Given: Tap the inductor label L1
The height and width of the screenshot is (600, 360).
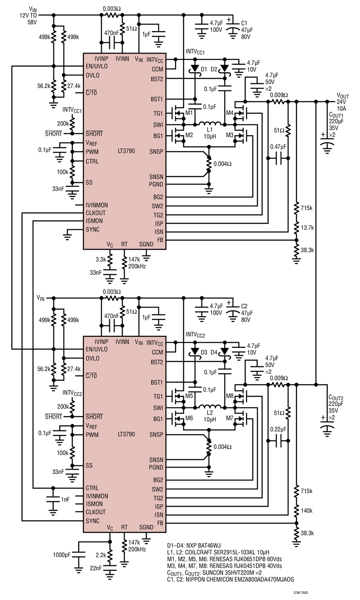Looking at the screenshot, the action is pos(209,130).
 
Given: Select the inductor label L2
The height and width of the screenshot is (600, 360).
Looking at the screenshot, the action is pos(210,413).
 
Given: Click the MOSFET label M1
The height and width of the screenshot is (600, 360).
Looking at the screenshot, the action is pos(189,113).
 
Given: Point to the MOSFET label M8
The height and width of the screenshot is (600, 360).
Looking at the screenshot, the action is pos(230,396).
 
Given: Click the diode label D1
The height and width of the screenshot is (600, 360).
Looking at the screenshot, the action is pos(204,69).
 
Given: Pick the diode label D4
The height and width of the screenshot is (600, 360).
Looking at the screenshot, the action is pos(214,353).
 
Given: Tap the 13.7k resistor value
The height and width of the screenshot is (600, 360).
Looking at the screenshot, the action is pos(307,228).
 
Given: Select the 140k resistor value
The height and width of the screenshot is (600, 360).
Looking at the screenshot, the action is pos(306,511).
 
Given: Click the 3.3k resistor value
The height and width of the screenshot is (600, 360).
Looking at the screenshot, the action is pos(101,259).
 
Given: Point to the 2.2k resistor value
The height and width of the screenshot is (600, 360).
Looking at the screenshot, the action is pos(101,555).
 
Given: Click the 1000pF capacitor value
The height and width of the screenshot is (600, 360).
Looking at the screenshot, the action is pos(62,555).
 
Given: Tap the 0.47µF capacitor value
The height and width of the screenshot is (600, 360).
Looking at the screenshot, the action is pos(278,147).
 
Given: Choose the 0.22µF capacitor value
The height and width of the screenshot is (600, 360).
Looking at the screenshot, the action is pos(278,429).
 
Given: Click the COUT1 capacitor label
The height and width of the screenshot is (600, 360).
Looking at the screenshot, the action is pos(336,115).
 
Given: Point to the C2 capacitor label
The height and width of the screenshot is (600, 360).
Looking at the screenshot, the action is pos(244,306).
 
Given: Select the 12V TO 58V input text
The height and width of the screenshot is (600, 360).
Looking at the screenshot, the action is pos(28,19).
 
